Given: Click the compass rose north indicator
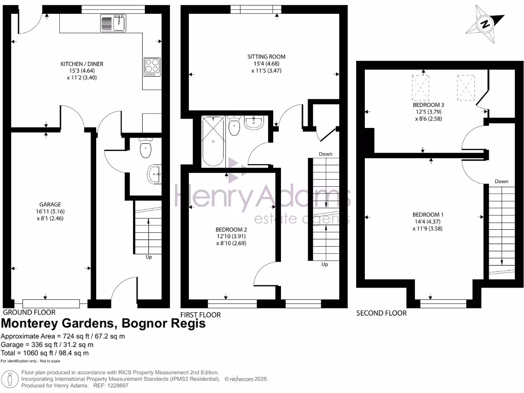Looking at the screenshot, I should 485,24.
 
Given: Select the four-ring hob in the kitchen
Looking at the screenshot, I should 151,67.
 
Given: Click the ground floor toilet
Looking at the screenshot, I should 145,148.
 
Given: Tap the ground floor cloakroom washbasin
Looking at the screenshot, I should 155,174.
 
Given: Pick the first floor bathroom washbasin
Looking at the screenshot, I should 254,122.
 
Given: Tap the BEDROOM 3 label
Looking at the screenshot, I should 427,104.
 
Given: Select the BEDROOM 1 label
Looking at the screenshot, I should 427,214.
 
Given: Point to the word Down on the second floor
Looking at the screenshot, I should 501,182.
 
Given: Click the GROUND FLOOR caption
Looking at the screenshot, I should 29,312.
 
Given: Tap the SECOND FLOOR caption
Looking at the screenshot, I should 381,313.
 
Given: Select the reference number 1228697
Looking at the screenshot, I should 116,385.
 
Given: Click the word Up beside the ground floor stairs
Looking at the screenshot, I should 149,257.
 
